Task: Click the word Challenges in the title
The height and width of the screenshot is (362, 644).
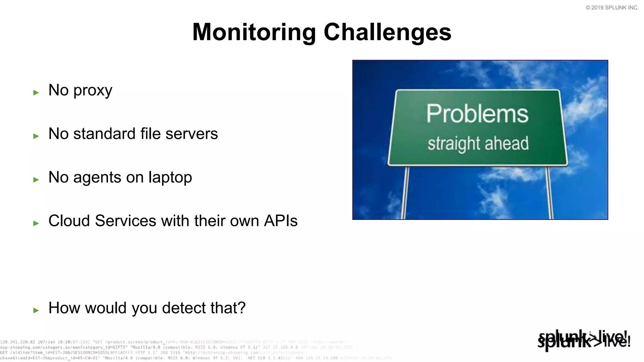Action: (x=387, y=32)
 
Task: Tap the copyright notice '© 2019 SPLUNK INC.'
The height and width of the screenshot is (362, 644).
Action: (x=612, y=8)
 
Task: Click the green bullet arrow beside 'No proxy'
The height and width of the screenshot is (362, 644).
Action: (x=36, y=92)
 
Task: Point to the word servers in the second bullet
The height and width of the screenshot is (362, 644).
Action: (x=192, y=134)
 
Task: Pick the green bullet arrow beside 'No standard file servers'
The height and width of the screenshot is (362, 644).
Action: (x=36, y=136)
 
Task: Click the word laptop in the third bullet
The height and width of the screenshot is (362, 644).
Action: (x=170, y=178)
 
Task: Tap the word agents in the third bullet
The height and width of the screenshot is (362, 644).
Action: (x=97, y=178)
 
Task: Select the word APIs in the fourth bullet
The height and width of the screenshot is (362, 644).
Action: (x=280, y=221)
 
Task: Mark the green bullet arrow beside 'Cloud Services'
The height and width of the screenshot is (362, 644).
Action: (x=36, y=223)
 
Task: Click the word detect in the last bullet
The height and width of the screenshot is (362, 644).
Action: (x=184, y=308)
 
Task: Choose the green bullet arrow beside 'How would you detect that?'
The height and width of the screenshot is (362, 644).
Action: (x=36, y=310)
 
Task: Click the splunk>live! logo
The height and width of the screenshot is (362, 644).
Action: (x=584, y=340)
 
